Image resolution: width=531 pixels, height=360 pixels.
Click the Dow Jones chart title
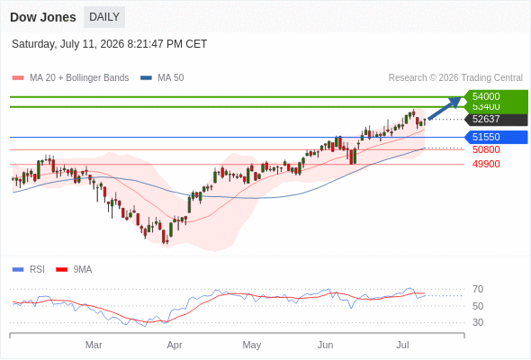43,17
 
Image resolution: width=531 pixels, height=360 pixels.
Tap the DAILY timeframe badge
104,17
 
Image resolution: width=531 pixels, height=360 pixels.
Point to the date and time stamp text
110,44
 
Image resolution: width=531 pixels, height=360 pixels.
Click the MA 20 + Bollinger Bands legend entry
70,78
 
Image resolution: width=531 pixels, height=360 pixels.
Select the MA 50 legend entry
162,78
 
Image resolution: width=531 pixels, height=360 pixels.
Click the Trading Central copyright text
455,78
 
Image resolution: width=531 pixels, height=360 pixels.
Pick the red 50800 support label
486,149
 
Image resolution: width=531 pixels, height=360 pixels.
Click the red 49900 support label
486,164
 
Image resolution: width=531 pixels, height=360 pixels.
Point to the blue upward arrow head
455,102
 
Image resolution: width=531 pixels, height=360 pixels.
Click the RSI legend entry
29,270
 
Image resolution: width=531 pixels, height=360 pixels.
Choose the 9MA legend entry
74,270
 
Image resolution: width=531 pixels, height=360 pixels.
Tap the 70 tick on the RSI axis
478,289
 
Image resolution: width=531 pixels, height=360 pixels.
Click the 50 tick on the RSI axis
478,306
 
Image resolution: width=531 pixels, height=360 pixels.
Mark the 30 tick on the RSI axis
478,322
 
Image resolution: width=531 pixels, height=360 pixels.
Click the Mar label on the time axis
94,345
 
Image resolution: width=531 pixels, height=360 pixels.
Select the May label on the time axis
252,345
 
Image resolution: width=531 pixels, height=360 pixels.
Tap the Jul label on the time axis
402,345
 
